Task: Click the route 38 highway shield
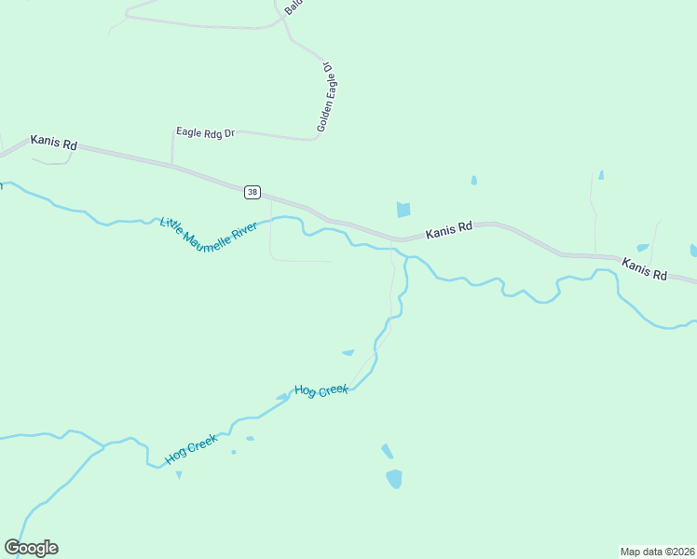[x=253, y=192]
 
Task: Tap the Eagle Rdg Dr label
[x=205, y=133]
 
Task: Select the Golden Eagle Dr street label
[x=324, y=98]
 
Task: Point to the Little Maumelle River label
[x=208, y=234]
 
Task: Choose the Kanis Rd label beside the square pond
[x=449, y=232]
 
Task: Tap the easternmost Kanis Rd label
[x=645, y=269]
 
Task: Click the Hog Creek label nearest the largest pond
[x=321, y=389]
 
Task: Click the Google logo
[x=31, y=548]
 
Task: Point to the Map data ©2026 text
[x=657, y=552]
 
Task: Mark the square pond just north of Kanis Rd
[x=403, y=210]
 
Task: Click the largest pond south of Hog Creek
[x=394, y=479]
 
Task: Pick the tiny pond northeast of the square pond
[x=473, y=180]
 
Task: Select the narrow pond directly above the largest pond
[x=387, y=451]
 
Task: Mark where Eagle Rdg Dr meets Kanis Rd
[x=171, y=165]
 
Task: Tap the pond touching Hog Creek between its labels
[x=282, y=397]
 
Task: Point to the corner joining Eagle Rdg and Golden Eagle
[x=315, y=140]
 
